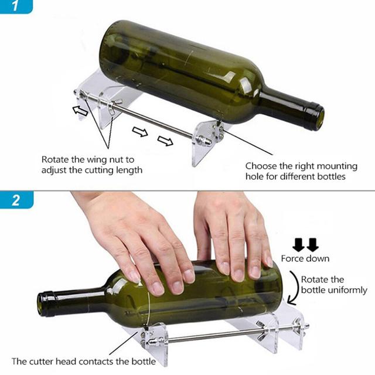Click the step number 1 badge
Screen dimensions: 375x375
tap(16, 8)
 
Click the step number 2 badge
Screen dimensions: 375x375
tap(16, 200)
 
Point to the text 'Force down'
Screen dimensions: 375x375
tap(305, 258)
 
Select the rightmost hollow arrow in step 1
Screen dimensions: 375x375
tap(165, 141)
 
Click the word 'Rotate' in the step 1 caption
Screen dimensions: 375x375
tap(55, 159)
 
